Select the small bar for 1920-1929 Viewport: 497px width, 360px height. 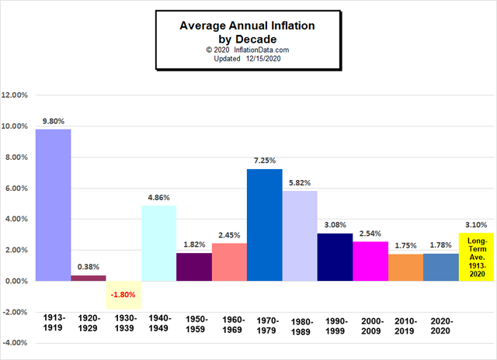coord(89,278)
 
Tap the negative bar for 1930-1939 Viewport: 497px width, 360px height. coord(123,295)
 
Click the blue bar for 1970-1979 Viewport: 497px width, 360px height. coord(264,224)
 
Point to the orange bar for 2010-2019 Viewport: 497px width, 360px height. coord(405,267)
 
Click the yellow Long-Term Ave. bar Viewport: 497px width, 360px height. coord(475,257)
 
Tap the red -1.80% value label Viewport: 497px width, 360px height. coord(124,295)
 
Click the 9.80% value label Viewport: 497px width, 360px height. coord(54,121)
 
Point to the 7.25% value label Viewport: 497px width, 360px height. coord(264,161)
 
